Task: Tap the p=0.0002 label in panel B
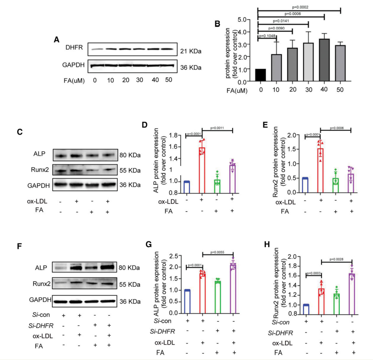point(299,7)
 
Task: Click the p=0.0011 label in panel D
point(217,127)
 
